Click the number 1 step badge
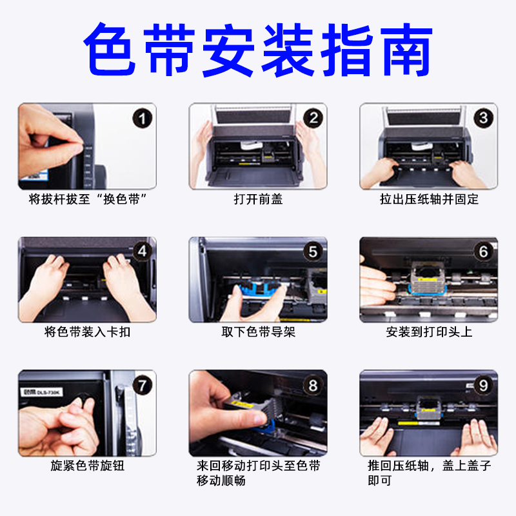click(142, 119)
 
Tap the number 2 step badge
click(313, 118)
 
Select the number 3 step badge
click(483, 118)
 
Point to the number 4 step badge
click(142, 252)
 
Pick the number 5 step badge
click(313, 252)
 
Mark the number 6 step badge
click(483, 252)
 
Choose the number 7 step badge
click(142, 385)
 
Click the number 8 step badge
click(313, 385)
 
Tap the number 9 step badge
click(483, 385)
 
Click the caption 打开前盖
click(259, 199)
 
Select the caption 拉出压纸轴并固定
click(429, 199)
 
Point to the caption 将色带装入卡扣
click(87, 332)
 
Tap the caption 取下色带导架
click(259, 332)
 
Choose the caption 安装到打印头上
click(429, 332)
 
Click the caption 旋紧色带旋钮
click(87, 466)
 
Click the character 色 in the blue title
click(110, 50)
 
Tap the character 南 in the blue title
click(407, 50)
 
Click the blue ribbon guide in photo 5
click(260, 289)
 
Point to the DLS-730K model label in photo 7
click(41, 392)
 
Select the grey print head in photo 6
click(427, 277)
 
